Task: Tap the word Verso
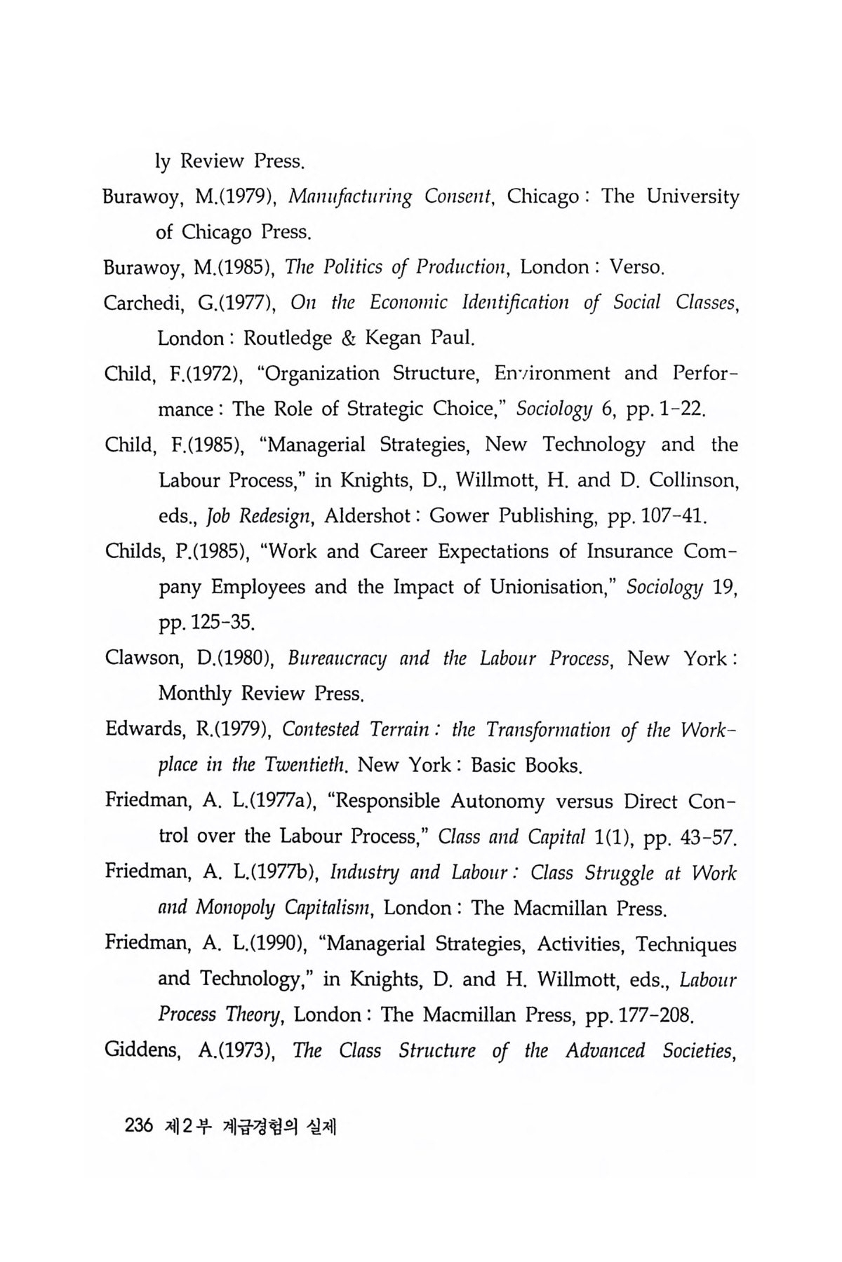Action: click(x=636, y=267)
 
